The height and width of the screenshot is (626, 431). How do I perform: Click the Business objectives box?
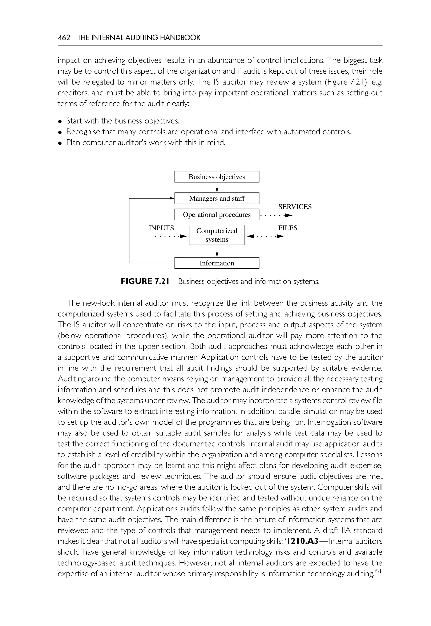coord(217,177)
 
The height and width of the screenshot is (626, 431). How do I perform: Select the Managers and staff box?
coord(217,198)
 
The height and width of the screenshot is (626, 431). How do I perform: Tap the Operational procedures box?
coord(217,215)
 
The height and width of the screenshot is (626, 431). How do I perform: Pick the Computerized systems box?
coord(217,235)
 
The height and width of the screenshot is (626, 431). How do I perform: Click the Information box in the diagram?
coord(217,263)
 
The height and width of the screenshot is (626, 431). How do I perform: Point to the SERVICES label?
coord(295,207)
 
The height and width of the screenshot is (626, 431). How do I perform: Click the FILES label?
coord(288,228)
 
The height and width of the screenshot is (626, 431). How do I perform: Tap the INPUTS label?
coord(161,228)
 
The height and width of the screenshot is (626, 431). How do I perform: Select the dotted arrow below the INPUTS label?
coord(171,236)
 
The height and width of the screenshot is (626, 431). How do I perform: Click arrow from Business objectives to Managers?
coord(217,187)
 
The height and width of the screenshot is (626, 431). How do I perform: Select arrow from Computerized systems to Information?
coord(217,251)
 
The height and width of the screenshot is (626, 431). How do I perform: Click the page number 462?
coord(64,38)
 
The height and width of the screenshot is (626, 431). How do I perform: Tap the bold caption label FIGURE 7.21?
coord(145,281)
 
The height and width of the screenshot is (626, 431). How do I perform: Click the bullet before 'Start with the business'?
coord(60,121)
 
